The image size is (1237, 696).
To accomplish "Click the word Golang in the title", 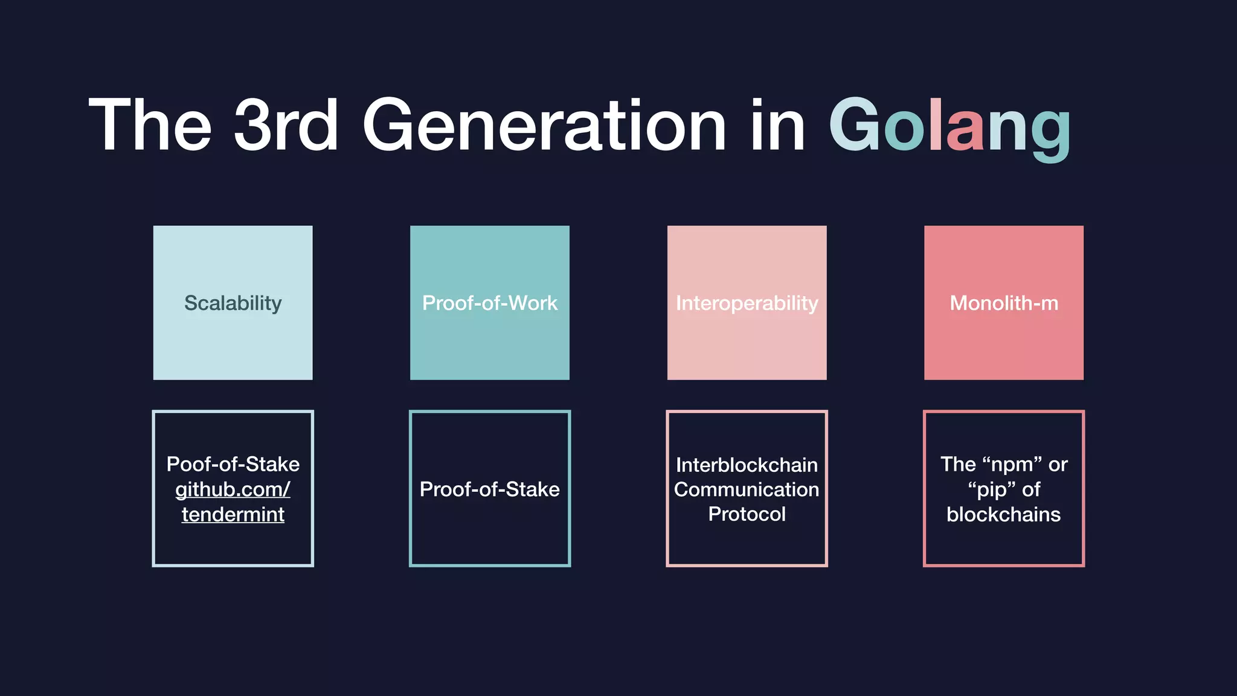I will [949, 126].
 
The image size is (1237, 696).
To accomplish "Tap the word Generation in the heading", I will [544, 126].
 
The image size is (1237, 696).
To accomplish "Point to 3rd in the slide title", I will [286, 126].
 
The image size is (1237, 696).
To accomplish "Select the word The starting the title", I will [150, 126].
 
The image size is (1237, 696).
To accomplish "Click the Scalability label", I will [233, 303].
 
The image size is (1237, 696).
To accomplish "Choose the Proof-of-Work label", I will [490, 303].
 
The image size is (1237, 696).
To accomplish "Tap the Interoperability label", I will [747, 303].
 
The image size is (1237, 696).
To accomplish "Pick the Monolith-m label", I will [1004, 303].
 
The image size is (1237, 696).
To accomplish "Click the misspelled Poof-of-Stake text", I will [233, 464].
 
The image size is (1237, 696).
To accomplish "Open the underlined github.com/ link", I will [233, 489].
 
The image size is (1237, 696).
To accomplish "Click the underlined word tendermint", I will [233, 514].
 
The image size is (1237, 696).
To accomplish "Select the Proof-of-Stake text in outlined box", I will [490, 489].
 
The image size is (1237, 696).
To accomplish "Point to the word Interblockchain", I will [747, 465].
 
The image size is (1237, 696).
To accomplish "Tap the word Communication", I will [747, 489].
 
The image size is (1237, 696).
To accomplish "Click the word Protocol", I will [747, 514].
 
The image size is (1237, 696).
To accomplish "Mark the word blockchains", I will [1004, 514].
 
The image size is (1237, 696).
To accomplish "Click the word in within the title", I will [778, 126].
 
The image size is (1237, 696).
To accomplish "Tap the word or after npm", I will [1058, 465].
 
